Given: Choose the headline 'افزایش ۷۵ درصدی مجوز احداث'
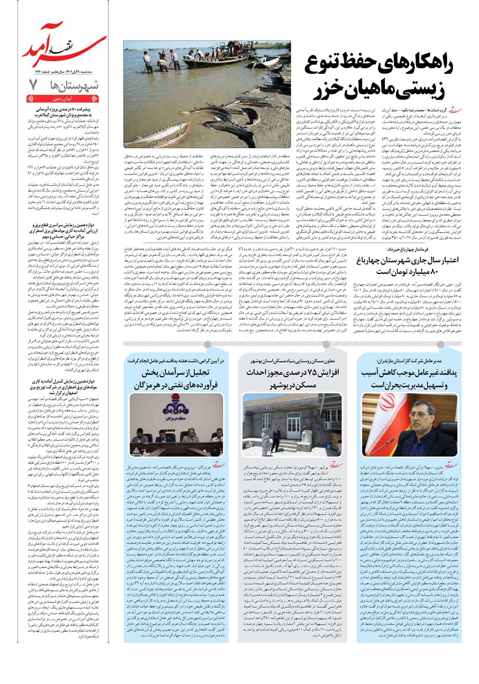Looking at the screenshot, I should point(293,373).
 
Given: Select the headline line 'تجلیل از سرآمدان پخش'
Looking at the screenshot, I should point(178,373).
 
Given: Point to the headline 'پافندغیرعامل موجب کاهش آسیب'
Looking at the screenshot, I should point(409,372).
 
